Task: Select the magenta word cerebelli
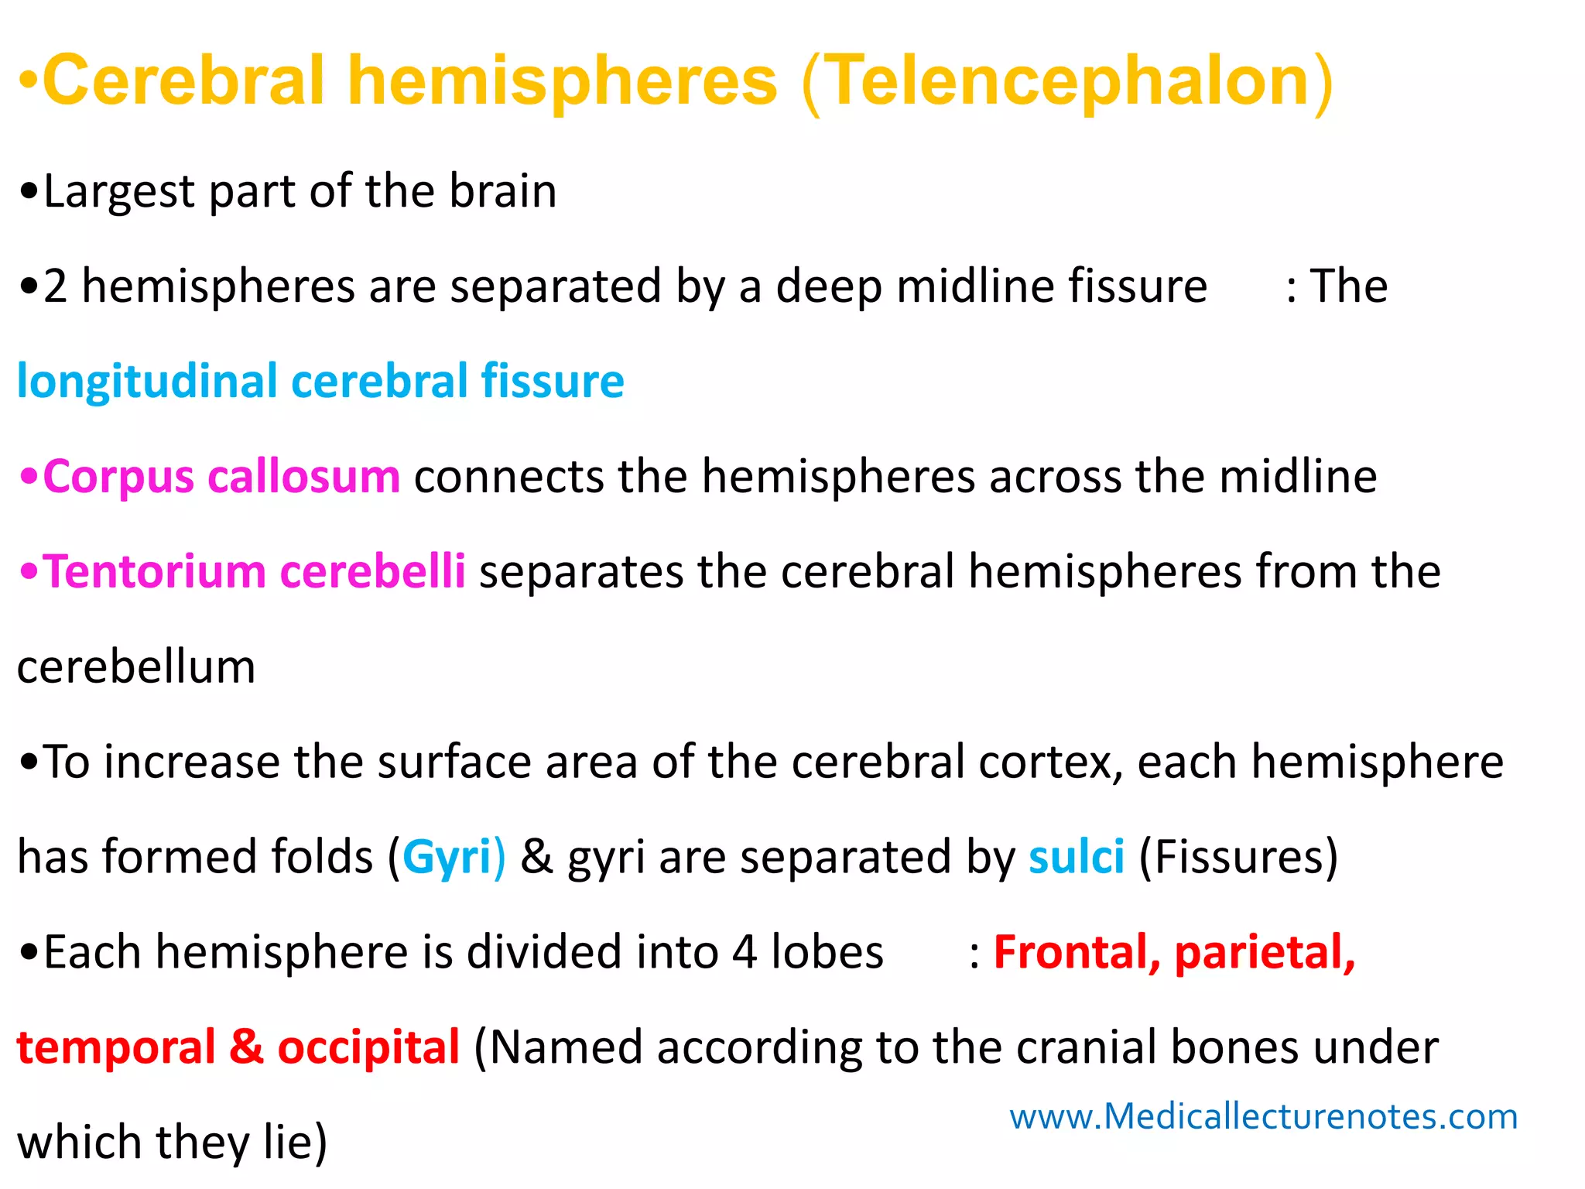click(x=372, y=572)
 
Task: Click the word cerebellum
click(x=136, y=667)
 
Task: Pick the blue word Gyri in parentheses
click(x=447, y=858)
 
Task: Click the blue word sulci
click(x=1076, y=858)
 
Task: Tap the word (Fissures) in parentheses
click(x=1238, y=858)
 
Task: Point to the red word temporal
click(x=116, y=1048)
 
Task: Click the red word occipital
click(x=368, y=1048)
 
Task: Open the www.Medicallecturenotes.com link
click(x=1263, y=1117)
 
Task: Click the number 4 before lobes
click(x=744, y=953)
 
